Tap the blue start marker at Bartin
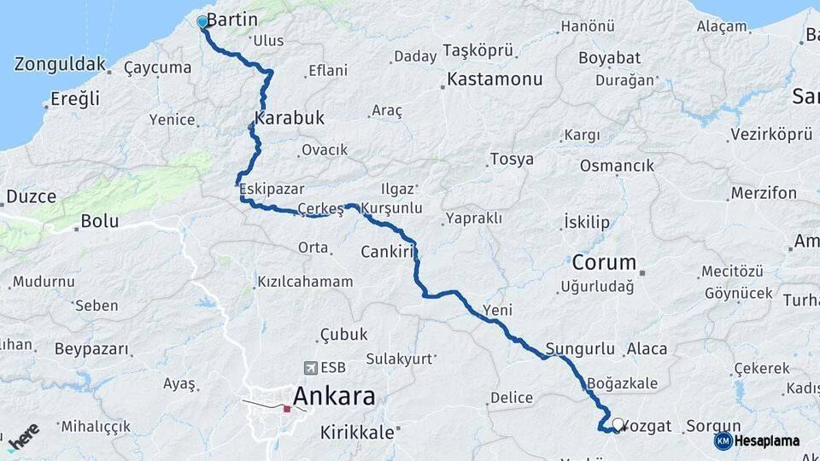[x=202, y=22]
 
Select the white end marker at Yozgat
[x=618, y=423]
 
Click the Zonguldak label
[x=60, y=64]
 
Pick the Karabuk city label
[x=290, y=119]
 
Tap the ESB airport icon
[x=309, y=368]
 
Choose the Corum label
[x=604, y=262]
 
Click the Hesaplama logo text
[x=769, y=441]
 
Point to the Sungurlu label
[x=580, y=348]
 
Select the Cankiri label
[x=387, y=252]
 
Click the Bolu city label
[x=98, y=222]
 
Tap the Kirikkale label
[x=357, y=432]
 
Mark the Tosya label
[x=512, y=160]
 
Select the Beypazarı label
[x=91, y=349]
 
